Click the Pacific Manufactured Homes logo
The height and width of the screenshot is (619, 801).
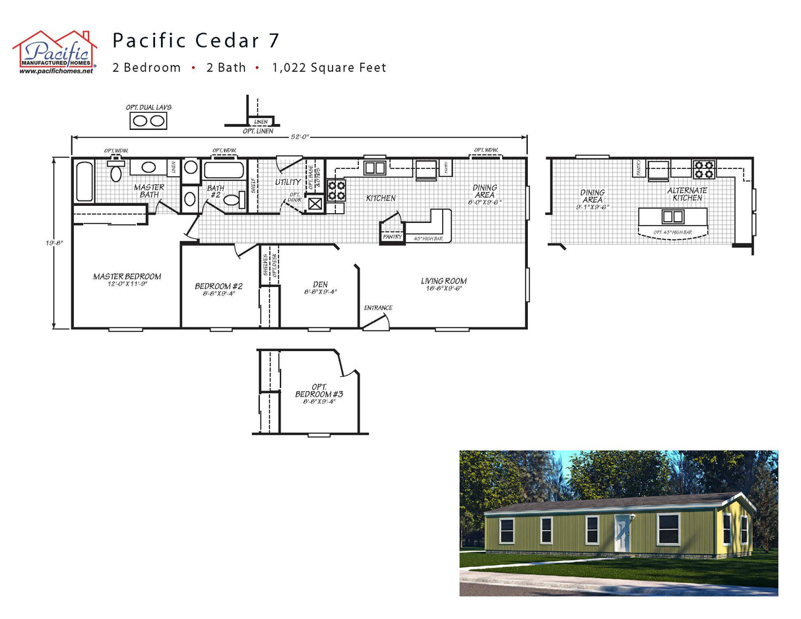(x=55, y=51)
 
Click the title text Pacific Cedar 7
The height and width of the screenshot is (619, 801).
(x=196, y=41)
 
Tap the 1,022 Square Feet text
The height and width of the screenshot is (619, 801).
(x=329, y=67)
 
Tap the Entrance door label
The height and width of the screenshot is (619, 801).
(x=378, y=308)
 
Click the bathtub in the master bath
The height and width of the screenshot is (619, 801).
(x=84, y=181)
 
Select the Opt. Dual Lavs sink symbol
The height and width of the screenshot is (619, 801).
(x=148, y=121)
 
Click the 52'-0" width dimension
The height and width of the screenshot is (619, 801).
(x=299, y=137)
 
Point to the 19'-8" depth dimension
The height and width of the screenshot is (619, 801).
(x=59, y=242)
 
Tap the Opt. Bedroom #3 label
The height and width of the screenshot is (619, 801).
(x=319, y=394)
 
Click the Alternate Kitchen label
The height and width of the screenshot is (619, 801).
(x=687, y=194)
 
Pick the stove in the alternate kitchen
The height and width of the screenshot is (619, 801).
(x=703, y=170)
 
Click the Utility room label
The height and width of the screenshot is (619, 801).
(x=288, y=181)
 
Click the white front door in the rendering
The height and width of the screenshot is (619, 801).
(x=622, y=533)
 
